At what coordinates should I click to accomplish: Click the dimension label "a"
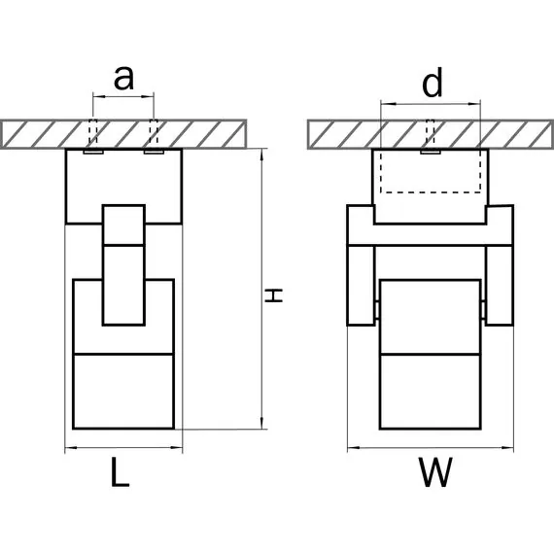click(123, 78)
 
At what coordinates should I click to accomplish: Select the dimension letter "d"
click(433, 83)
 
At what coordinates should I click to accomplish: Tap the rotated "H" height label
click(274, 295)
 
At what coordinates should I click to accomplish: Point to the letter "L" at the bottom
click(121, 472)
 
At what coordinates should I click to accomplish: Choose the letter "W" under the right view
click(435, 472)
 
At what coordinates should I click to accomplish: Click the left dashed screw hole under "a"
click(93, 135)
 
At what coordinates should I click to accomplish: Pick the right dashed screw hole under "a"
click(154, 135)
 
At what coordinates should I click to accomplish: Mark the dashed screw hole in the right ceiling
click(430, 135)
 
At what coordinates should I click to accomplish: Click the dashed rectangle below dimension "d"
click(431, 172)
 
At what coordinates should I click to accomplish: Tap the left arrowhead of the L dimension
click(71, 448)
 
